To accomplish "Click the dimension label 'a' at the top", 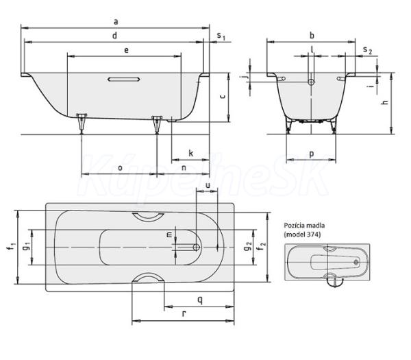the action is click(116, 22).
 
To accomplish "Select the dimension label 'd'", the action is click(114, 36).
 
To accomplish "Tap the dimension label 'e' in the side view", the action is click(126, 50).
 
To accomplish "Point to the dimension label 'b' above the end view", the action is click(312, 36).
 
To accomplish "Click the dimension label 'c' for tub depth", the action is click(223, 97).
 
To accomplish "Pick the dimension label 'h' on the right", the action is click(385, 101).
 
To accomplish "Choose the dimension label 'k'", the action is click(191, 153).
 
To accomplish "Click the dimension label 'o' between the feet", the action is click(120, 168).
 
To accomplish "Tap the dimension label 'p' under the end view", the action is click(312, 154).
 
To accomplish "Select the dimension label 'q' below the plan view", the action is click(200, 300).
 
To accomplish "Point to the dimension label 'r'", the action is click(184, 313).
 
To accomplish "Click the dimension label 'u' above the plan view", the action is click(208, 186).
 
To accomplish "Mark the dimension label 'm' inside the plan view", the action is click(170, 235).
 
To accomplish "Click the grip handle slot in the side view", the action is click(124, 80).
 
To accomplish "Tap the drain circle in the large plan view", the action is click(197, 247).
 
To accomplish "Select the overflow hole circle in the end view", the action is click(311, 82).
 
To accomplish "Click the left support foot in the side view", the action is click(82, 123).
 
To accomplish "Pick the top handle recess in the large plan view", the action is click(148, 216).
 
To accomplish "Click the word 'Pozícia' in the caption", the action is click(293, 226).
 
